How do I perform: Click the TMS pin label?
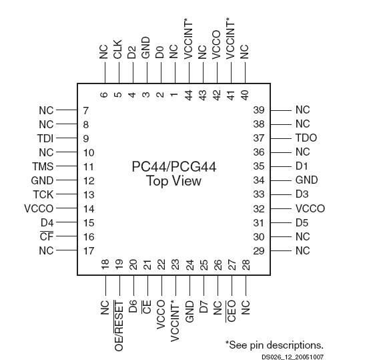[x=43, y=166]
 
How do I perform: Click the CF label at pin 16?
[x=47, y=236]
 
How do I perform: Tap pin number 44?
[x=189, y=94]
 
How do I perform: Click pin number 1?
[x=174, y=94]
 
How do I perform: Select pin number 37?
[x=259, y=138]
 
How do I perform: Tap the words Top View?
[x=173, y=182]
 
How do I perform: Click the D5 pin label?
[x=302, y=222]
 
